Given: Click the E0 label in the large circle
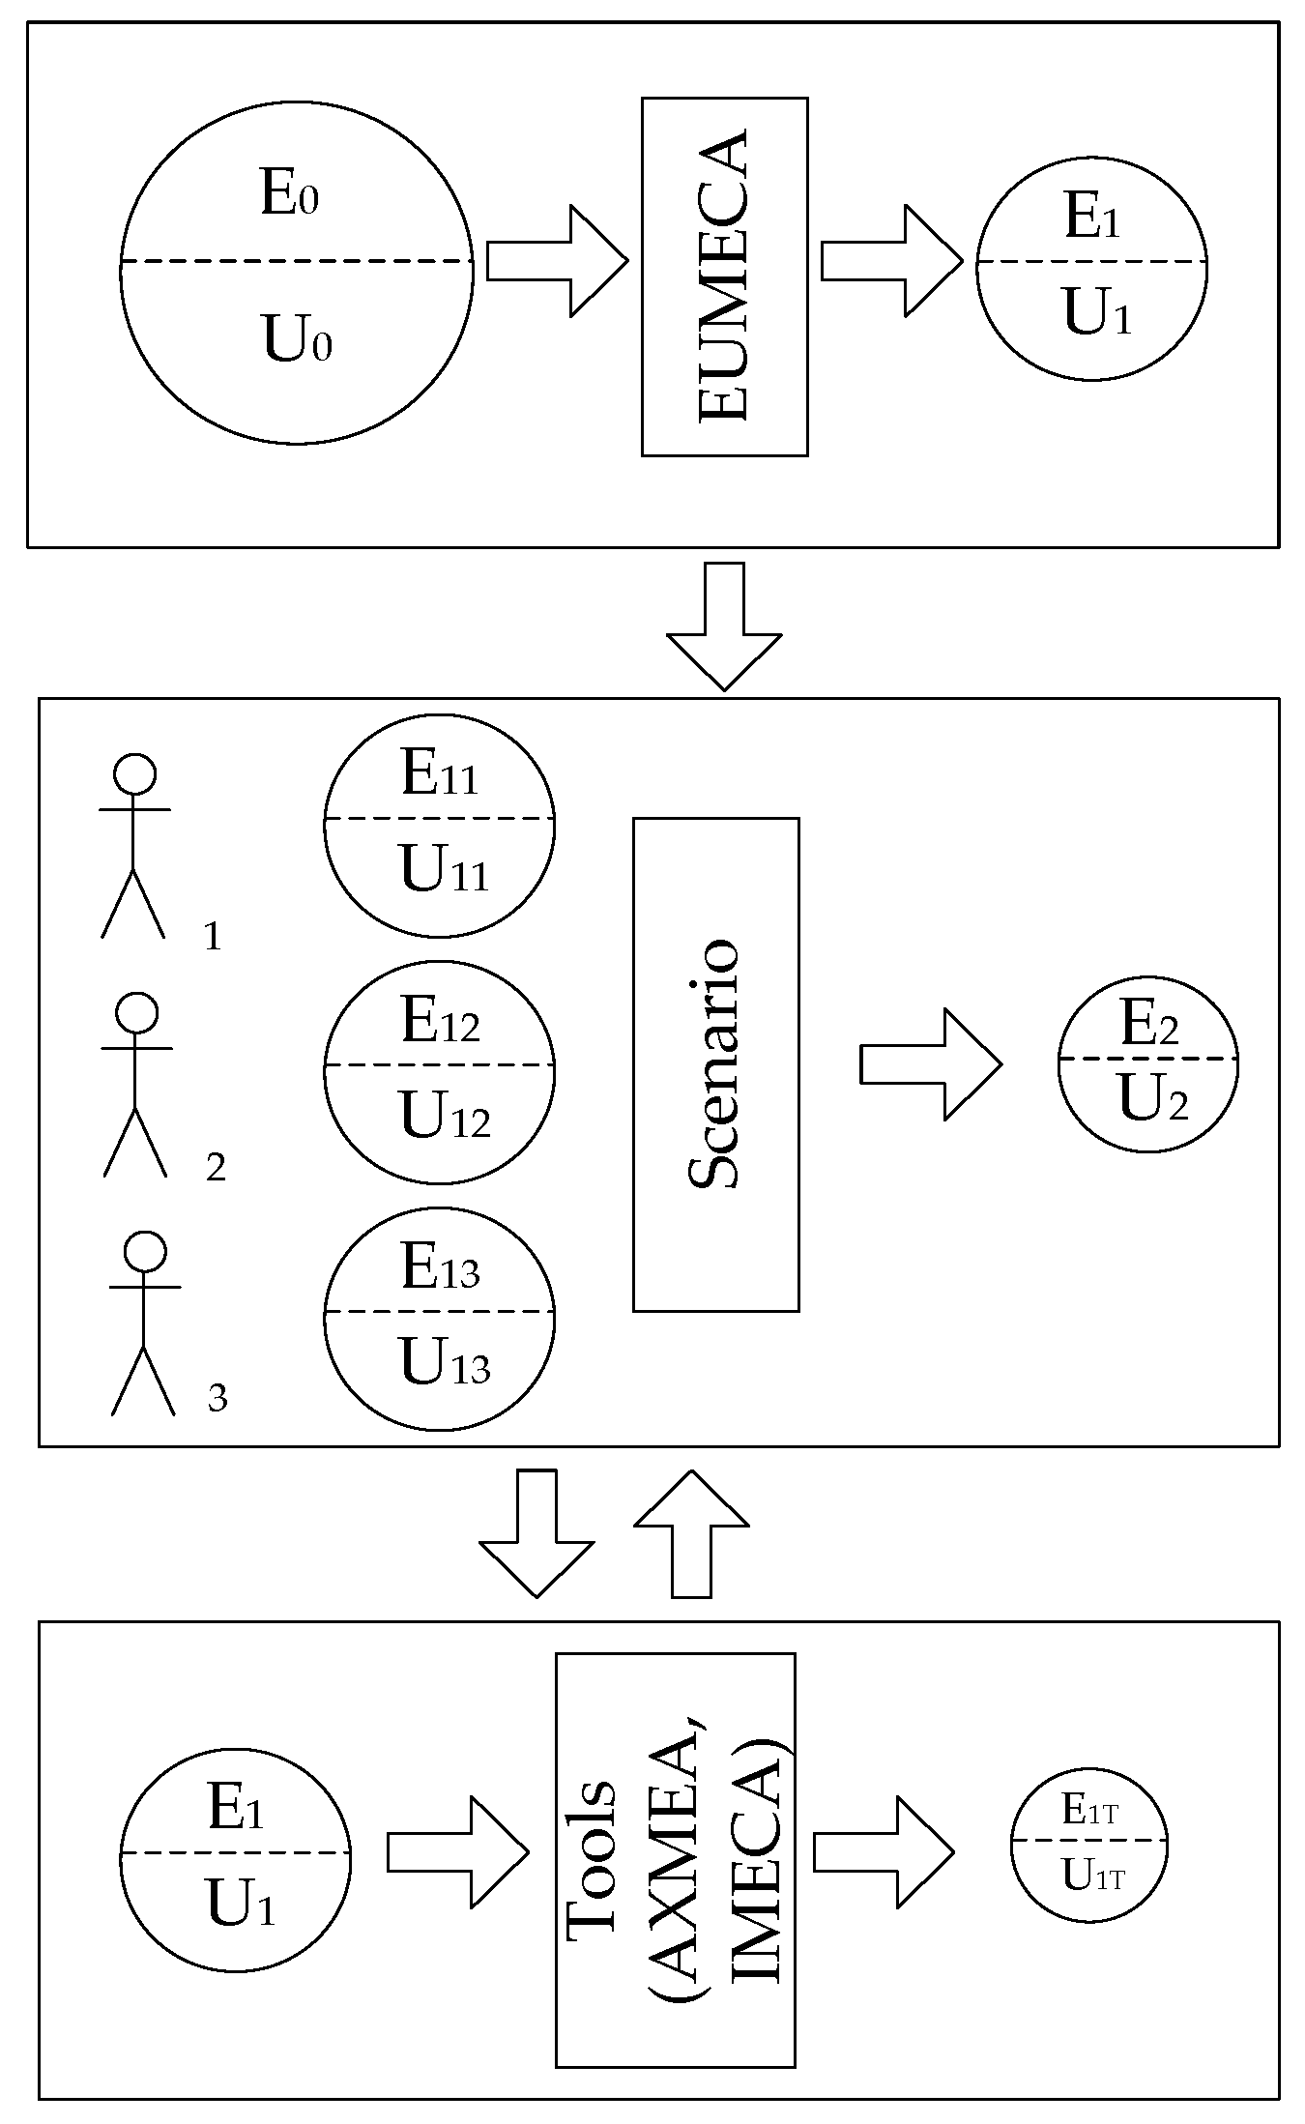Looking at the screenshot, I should coord(289,193).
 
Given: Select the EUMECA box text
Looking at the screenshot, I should coord(724,276).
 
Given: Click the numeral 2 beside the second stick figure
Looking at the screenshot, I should coord(216,1168).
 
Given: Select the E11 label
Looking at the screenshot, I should coord(440,775).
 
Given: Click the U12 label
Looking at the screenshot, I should coord(445,1117).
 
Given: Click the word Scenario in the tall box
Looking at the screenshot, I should coord(715,1063).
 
